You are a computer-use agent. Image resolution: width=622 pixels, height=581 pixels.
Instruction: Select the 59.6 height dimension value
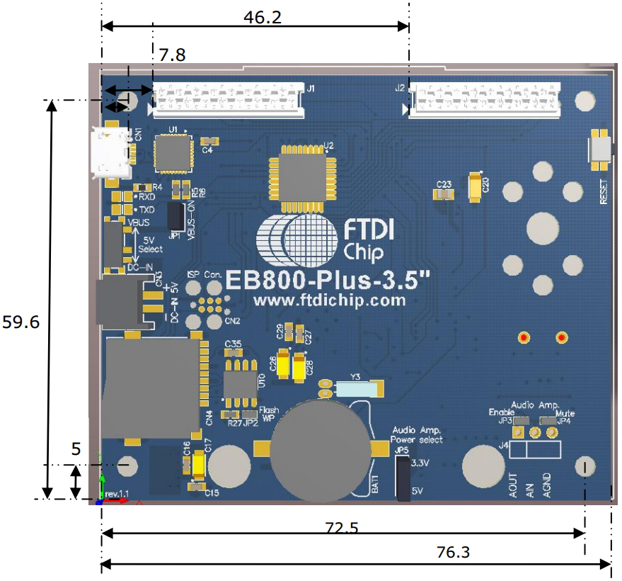(21, 322)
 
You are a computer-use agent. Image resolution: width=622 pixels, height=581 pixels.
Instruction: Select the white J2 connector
(485, 100)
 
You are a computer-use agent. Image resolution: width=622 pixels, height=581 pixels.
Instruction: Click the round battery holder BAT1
(321, 449)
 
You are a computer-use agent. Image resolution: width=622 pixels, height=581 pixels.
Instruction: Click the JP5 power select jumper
(403, 478)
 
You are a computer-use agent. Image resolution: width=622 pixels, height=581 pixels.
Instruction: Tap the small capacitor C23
(444, 193)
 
